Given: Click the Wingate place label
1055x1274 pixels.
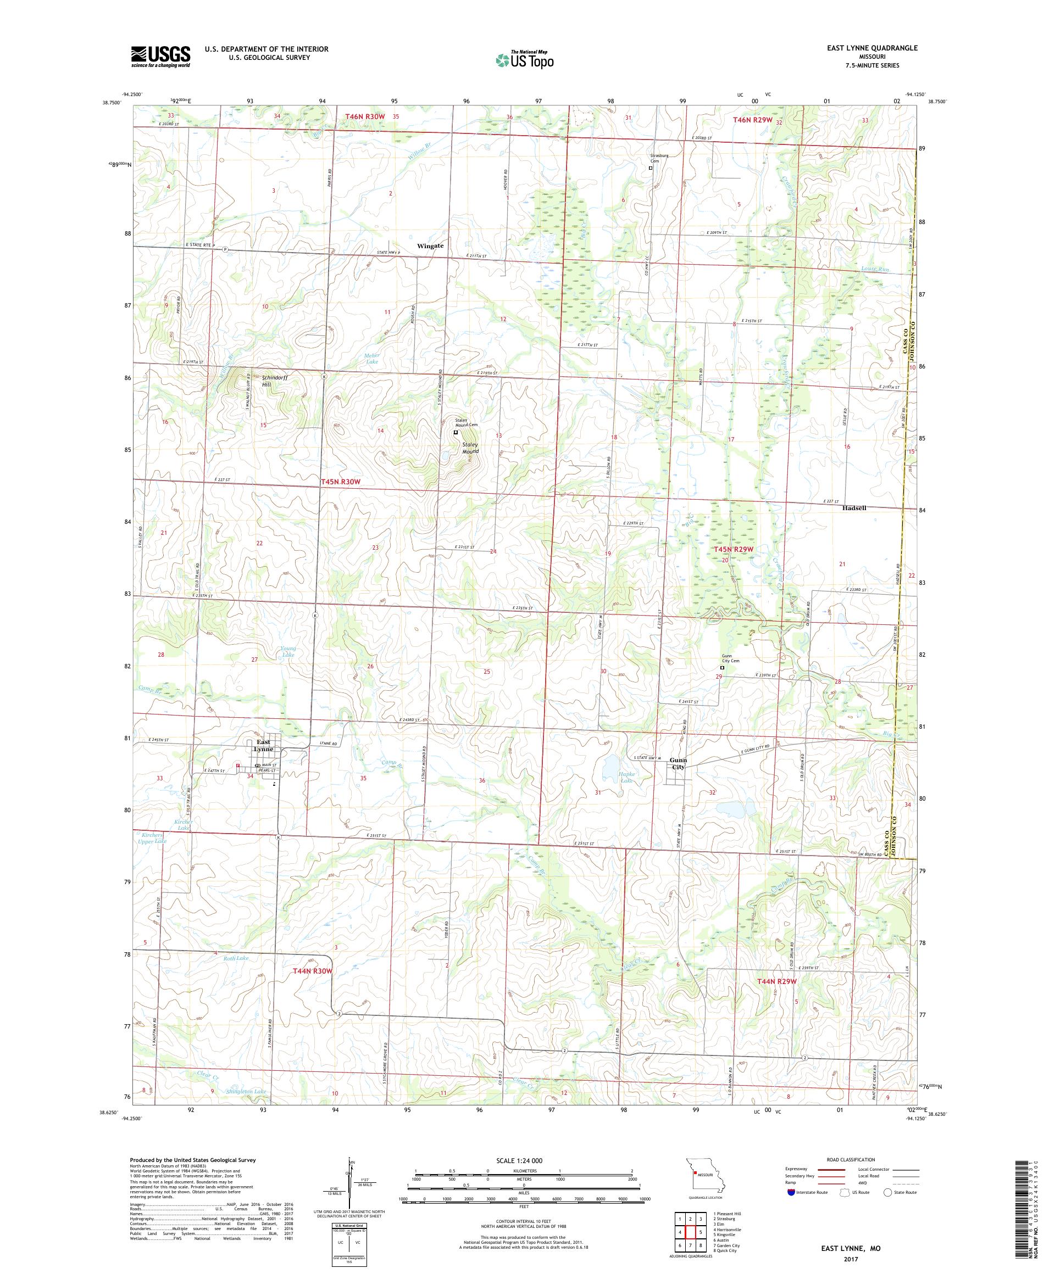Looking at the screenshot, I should pyautogui.click(x=430, y=245).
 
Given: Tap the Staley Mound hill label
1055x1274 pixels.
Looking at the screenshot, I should pyautogui.click(x=470, y=448).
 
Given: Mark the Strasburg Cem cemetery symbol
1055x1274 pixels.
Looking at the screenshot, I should pyautogui.click(x=651, y=168).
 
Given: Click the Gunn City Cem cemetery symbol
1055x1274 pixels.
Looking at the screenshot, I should pyautogui.click(x=722, y=668).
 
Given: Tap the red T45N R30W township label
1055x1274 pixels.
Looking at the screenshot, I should pyautogui.click(x=341, y=481).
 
